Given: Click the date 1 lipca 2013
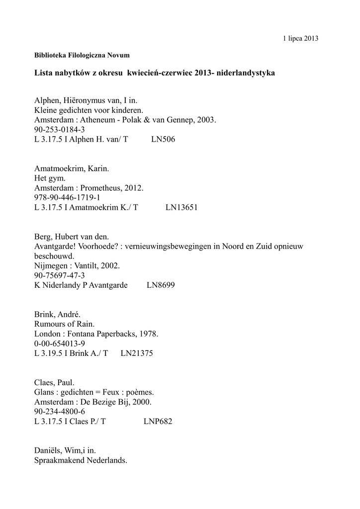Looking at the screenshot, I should pyautogui.click(x=300, y=38).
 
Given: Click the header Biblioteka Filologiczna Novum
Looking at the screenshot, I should pyautogui.click(x=82, y=55).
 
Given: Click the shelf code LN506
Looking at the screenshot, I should pyautogui.click(x=163, y=140).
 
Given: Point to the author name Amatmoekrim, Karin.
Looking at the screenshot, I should pyautogui.click(x=72, y=169).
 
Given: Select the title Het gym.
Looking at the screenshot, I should pyautogui.click(x=50, y=178).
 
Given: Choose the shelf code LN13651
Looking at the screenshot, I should pyautogui.click(x=181, y=208).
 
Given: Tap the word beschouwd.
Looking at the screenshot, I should pyautogui.click(x=54, y=256).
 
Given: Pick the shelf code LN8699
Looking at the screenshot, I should pyautogui.click(x=161, y=285).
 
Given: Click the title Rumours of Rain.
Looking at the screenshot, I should pyautogui.click(x=64, y=324).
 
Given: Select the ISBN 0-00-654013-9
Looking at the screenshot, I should pyautogui.click(x=60, y=343).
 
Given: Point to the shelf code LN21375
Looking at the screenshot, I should pyautogui.click(x=137, y=353).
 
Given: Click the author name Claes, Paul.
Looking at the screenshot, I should pyautogui.click(x=55, y=383).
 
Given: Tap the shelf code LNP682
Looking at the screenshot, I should pyautogui.click(x=158, y=422).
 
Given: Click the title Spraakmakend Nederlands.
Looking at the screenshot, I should pyautogui.click(x=81, y=460).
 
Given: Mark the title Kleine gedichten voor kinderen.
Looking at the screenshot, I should pyautogui.click(x=89, y=110).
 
